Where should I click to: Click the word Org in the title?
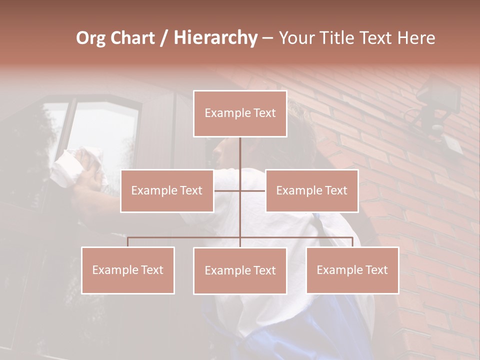tap(91, 38)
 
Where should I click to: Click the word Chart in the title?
tap(130, 38)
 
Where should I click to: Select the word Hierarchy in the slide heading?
tap(215, 38)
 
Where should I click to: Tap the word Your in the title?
tap(295, 38)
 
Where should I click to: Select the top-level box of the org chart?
tap(240, 113)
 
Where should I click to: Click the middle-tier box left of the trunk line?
tap(167, 190)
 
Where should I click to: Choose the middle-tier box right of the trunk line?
tap(311, 190)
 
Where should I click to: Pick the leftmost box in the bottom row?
tap(127, 270)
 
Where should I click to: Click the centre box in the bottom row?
tap(240, 271)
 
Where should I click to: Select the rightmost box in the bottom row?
tap(352, 270)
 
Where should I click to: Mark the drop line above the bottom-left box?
tap(127, 242)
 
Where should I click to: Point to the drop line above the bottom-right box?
tap(352, 242)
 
